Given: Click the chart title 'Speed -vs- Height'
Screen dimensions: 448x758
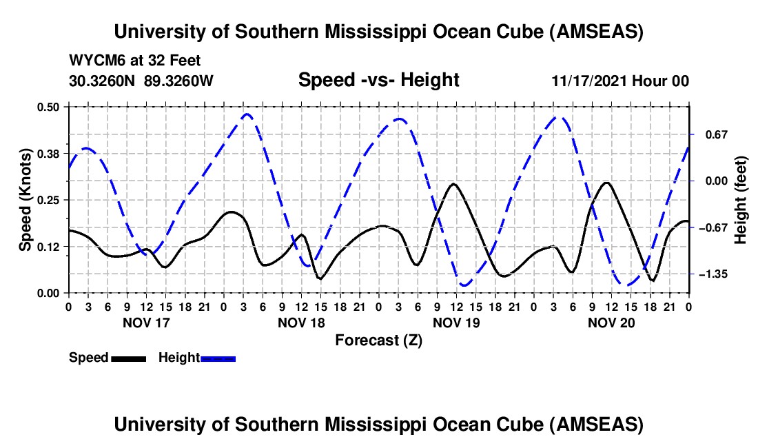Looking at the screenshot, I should click(x=378, y=80).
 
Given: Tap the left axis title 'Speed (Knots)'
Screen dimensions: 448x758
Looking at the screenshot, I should click(x=25, y=200).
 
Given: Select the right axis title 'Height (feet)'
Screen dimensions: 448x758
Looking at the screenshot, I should click(x=741, y=200).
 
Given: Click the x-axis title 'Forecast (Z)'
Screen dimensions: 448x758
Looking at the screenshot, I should click(x=378, y=340).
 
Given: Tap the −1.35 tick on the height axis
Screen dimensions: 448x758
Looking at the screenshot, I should click(x=714, y=274).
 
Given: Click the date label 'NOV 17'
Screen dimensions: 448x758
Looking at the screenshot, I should click(x=145, y=323).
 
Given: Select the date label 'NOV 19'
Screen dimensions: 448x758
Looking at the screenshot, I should click(x=455, y=323).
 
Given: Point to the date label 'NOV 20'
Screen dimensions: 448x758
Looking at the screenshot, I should click(x=611, y=323).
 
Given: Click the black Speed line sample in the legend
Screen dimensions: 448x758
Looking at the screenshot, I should click(x=128, y=358).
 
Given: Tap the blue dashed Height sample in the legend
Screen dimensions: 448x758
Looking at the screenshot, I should click(x=218, y=358).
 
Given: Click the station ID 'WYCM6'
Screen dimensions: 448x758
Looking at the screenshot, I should click(x=92, y=61).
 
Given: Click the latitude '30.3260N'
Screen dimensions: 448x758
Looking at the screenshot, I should click(x=103, y=81).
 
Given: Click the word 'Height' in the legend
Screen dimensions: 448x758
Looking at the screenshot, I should click(x=178, y=358).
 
